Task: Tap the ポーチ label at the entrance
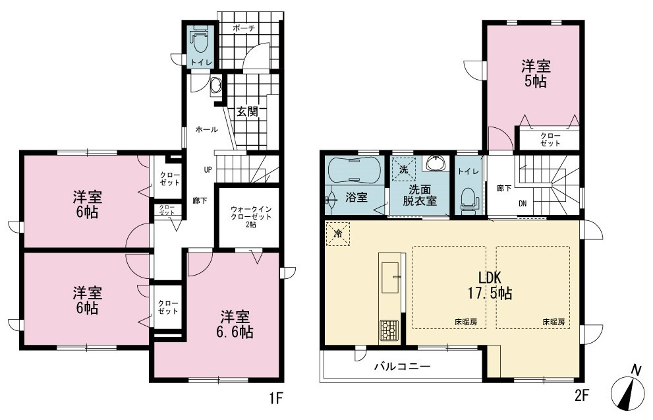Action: pyautogui.click(x=244, y=28)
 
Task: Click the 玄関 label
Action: pyautogui.click(x=247, y=111)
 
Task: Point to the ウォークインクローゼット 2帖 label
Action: pyautogui.click(x=250, y=217)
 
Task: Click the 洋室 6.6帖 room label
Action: pyautogui.click(x=236, y=324)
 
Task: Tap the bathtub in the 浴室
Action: pyautogui.click(x=354, y=170)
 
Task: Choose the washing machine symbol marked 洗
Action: pyautogui.click(x=403, y=169)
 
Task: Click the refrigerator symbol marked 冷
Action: pyautogui.click(x=338, y=234)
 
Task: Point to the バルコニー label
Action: pyautogui.click(x=402, y=367)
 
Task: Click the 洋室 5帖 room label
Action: pyautogui.click(x=536, y=73)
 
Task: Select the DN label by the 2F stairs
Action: pyautogui.click(x=523, y=204)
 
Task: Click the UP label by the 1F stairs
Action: pyautogui.click(x=208, y=169)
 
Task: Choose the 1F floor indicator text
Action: pyautogui.click(x=276, y=398)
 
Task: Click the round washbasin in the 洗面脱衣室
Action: pyautogui.click(x=436, y=163)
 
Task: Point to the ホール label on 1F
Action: pyautogui.click(x=207, y=130)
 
